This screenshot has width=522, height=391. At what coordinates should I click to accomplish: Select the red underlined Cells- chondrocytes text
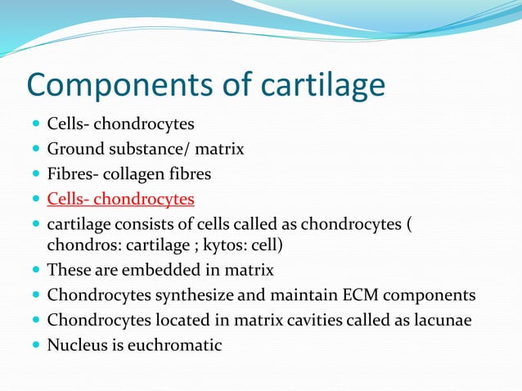(x=120, y=199)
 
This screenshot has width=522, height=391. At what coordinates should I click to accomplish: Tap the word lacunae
(x=442, y=320)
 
